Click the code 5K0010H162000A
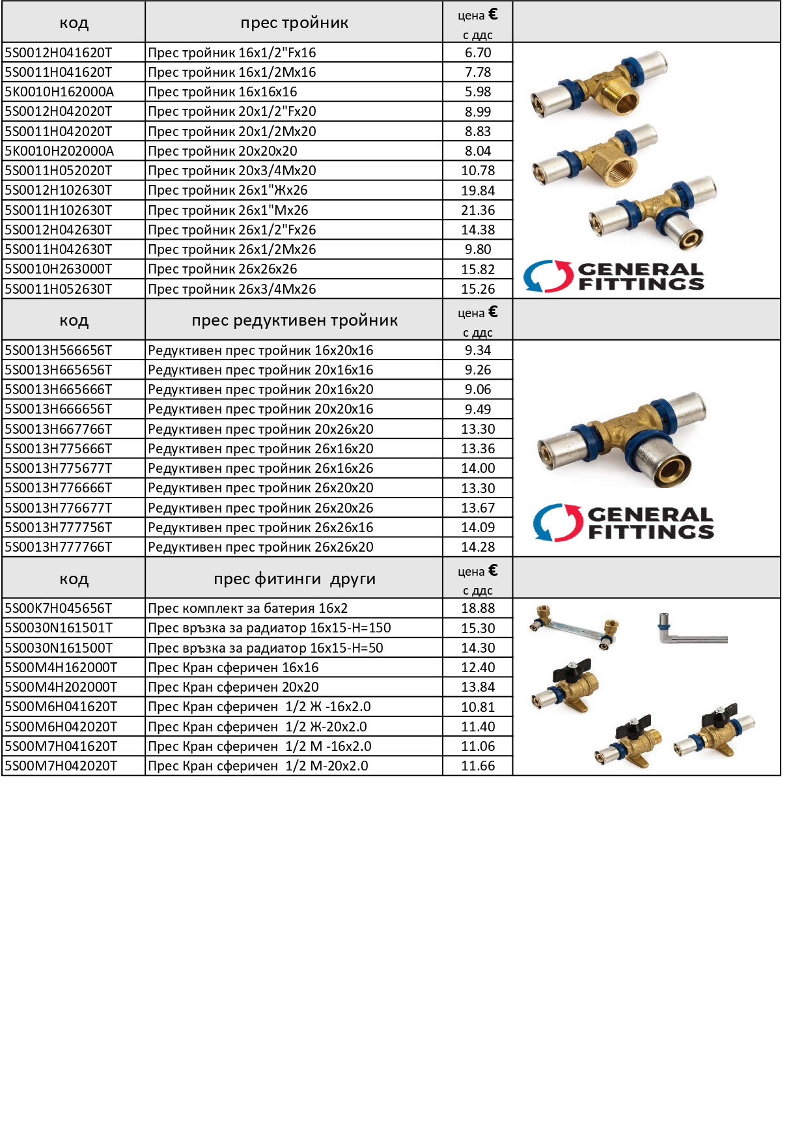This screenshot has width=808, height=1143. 59,92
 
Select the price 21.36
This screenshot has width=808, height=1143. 478,210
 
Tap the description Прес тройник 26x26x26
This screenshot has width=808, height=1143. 222,269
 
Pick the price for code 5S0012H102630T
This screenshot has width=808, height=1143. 478,191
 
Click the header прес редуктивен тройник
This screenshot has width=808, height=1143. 294,320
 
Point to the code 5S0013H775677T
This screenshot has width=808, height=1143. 59,468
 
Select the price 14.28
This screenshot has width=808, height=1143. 478,547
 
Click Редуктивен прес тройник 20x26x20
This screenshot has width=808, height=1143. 260,429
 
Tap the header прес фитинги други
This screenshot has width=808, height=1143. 294,579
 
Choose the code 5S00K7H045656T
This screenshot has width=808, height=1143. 59,608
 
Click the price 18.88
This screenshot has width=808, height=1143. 478,608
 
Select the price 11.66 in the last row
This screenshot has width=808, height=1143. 478,766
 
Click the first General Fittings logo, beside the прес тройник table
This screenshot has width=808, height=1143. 613,276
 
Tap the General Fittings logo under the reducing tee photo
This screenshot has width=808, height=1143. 623,523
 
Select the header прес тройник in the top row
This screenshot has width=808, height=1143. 294,23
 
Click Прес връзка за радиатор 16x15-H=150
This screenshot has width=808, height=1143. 269,628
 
